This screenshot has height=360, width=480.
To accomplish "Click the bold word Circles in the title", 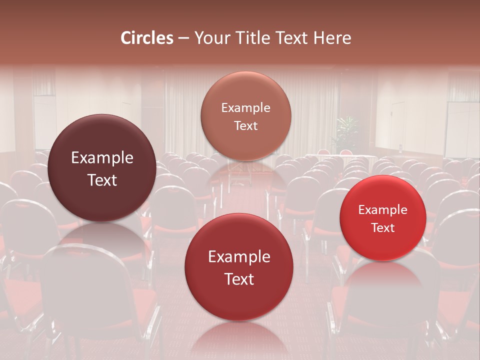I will click(147, 38).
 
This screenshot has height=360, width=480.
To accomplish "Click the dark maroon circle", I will click(102, 168).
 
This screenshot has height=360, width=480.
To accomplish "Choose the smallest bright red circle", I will click(383, 218).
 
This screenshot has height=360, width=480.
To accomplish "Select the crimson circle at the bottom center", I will click(239, 267).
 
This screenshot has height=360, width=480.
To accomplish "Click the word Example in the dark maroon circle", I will click(102, 158).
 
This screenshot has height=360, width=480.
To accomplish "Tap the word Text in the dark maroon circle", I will click(102, 180).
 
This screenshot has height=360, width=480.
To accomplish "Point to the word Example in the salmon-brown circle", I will click(245, 108).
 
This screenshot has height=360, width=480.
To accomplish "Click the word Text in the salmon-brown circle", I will click(245, 126).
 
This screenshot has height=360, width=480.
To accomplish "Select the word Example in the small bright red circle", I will click(383, 210).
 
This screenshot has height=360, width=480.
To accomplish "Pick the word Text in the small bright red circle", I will click(383, 228).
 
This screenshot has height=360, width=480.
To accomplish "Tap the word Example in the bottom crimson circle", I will click(239, 257).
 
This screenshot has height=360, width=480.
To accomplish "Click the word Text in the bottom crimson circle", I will click(239, 279).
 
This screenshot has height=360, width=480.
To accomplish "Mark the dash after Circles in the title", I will click(183, 38).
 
